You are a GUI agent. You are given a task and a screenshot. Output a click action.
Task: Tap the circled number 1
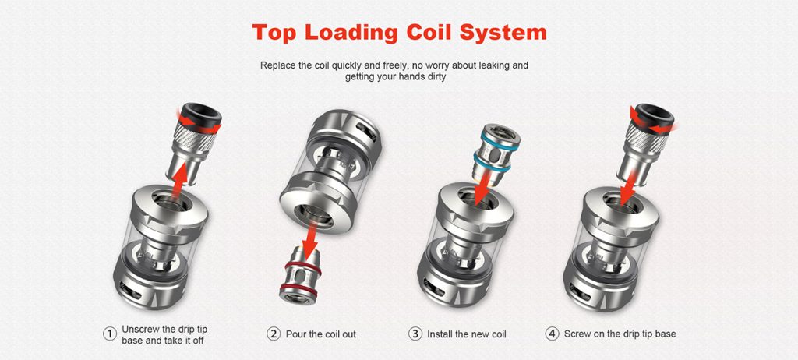tap(109, 334)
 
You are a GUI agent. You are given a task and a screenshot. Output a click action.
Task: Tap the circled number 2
tap(274, 334)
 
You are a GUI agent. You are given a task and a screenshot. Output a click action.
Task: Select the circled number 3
tap(415, 334)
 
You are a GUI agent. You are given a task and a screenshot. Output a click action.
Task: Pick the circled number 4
tap(553, 334)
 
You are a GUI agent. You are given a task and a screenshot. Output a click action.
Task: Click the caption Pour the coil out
tap(320, 334)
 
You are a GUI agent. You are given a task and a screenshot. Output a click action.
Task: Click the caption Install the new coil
tap(467, 334)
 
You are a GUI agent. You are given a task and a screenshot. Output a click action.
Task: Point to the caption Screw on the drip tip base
tap(620, 334)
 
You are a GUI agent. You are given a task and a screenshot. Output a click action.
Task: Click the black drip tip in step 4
tap(653, 115)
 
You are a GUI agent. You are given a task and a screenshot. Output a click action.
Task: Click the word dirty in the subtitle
tap(435, 77)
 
